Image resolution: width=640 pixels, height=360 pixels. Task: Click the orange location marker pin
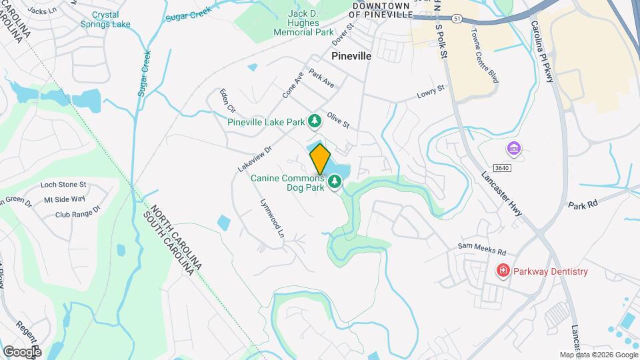click(x=320, y=159)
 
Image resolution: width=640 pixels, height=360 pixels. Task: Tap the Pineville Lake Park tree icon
click(x=314, y=121)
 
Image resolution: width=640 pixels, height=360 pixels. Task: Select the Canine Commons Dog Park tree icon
click(x=334, y=181)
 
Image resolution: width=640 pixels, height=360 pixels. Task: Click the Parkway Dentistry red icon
click(x=503, y=271)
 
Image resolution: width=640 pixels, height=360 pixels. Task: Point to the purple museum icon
click(x=513, y=147)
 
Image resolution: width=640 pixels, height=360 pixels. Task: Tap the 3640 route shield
click(x=503, y=168)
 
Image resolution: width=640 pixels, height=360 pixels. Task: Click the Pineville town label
click(x=351, y=56)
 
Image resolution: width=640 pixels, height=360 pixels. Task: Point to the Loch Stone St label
click(x=63, y=184)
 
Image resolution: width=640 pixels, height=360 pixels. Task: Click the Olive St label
click(x=338, y=121)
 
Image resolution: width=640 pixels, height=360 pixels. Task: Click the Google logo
click(x=22, y=351)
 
